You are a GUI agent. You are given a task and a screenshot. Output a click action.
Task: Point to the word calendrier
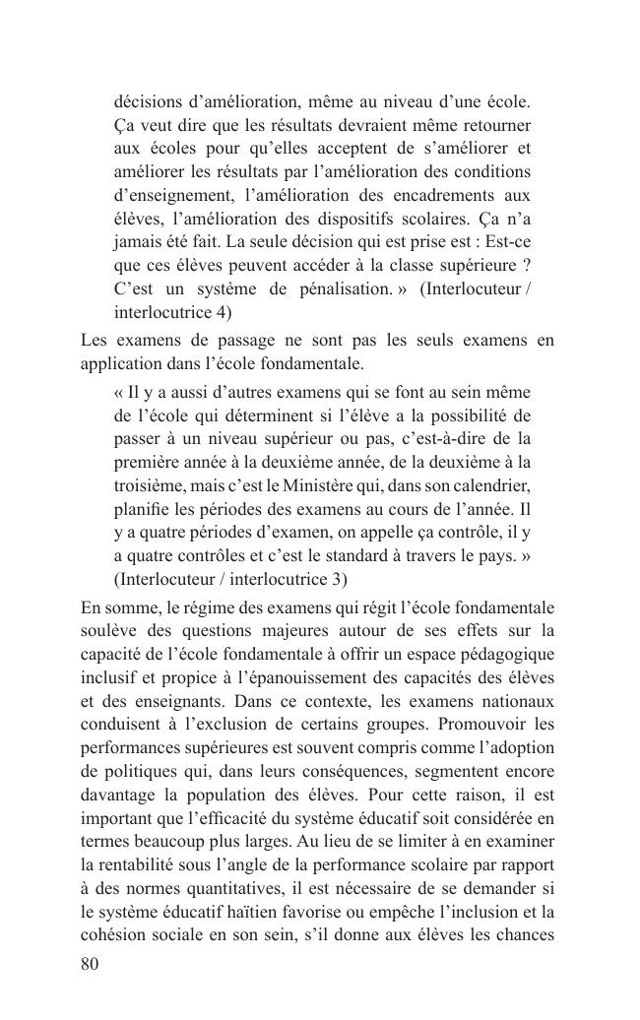coord(489,486)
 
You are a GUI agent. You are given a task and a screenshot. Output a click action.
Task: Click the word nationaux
coord(517,701)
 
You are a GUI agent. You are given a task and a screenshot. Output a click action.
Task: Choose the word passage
coord(248,341)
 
